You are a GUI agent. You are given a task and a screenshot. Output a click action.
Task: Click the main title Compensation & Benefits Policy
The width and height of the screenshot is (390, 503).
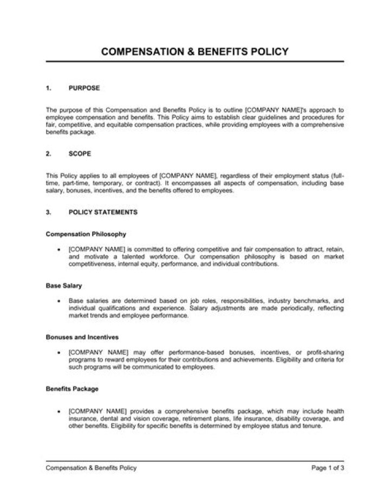195,52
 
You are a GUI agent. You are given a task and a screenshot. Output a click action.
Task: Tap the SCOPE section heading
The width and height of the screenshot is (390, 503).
80,153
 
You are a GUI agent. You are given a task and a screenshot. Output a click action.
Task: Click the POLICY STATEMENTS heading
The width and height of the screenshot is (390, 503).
103,212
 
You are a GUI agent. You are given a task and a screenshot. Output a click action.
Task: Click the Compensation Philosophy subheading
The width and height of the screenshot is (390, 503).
86,235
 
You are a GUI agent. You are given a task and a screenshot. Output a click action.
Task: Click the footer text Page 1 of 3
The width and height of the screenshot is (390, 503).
328,468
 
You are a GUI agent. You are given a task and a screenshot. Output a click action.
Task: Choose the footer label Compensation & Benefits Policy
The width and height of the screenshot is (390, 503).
91,468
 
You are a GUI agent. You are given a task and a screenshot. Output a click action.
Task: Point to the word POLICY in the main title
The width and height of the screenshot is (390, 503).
270,52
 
